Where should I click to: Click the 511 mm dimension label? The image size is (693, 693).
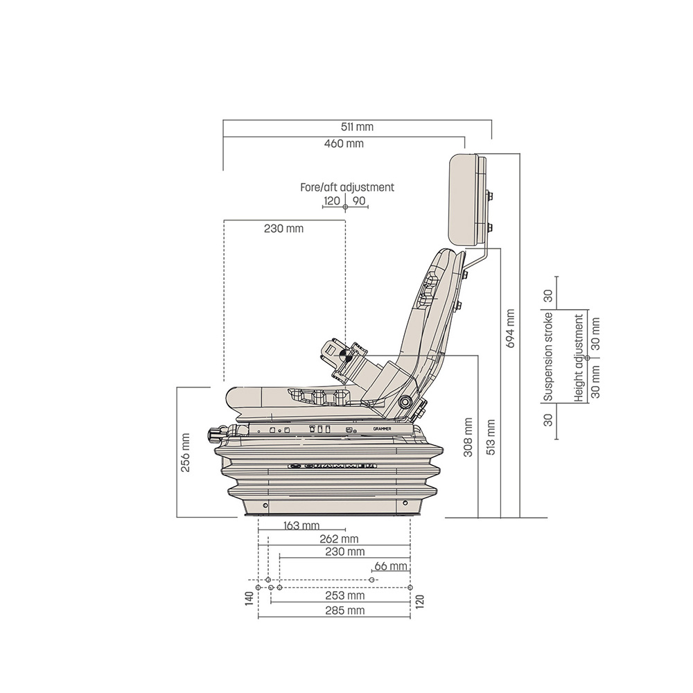(x=358, y=127)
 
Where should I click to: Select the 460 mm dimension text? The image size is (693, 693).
(x=344, y=144)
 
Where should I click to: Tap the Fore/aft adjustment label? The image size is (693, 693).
(x=346, y=187)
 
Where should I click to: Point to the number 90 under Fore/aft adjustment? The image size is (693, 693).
(x=359, y=201)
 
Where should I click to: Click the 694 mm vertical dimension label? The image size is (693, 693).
(x=511, y=328)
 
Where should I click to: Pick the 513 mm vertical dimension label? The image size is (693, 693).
(x=491, y=435)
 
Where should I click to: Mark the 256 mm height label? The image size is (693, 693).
(x=185, y=453)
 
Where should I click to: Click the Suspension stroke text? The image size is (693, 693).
(x=548, y=356)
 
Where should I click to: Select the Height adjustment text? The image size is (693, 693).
(x=579, y=358)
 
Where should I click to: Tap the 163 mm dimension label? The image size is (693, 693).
(x=301, y=525)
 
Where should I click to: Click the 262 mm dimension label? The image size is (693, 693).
(x=340, y=538)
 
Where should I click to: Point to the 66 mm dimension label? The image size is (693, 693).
(x=390, y=566)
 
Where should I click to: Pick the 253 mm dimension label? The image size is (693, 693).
(x=345, y=596)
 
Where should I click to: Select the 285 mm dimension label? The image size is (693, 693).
(x=345, y=611)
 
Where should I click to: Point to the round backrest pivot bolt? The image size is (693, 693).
(x=405, y=403)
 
